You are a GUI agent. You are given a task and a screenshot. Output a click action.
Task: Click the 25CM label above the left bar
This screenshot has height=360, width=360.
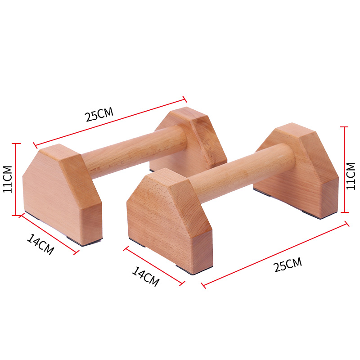[99, 114]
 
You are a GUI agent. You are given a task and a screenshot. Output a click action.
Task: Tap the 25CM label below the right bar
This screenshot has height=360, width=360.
[288, 265]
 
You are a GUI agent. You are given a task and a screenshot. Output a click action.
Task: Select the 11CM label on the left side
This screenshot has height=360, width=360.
[8, 179]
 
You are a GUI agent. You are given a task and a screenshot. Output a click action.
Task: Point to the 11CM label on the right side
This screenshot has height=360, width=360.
[351, 176]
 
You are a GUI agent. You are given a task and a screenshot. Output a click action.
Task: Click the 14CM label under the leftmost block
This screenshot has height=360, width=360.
[40, 244]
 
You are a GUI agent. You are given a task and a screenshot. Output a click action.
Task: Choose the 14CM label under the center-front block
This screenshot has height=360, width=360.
[146, 276]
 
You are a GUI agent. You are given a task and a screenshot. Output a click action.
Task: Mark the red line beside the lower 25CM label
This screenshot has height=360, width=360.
[275, 255]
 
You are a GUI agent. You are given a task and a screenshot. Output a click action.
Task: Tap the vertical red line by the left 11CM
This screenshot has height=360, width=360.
[16, 179]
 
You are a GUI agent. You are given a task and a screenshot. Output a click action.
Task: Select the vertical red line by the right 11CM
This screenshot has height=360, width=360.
[344, 170]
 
